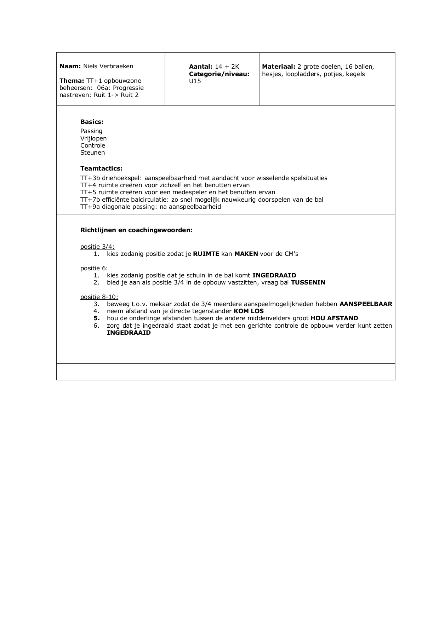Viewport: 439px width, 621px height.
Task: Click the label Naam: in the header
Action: pyautogui.click(x=70, y=66)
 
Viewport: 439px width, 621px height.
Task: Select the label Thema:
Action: pyautogui.click(x=72, y=81)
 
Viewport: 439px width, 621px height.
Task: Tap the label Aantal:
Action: pyautogui.click(x=200, y=67)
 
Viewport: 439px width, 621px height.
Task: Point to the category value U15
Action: pyautogui.click(x=195, y=81)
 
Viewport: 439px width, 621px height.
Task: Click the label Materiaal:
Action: pyautogui.click(x=279, y=67)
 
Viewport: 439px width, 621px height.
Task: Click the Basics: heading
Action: pyautogui.click(x=92, y=122)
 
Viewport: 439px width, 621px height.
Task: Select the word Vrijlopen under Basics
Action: pyautogui.click(x=93, y=138)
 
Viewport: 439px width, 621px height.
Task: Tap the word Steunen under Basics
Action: pyautogui.click(x=92, y=153)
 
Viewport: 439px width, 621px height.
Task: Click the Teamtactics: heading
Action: pyautogui.click(x=101, y=168)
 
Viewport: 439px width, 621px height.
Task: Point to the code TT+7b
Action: pyautogui.click(x=90, y=200)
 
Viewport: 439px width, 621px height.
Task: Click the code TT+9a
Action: pyautogui.click(x=90, y=207)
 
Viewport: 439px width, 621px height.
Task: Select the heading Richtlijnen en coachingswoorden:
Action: pyautogui.click(x=136, y=230)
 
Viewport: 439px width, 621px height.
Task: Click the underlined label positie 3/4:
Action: pyautogui.click(x=97, y=247)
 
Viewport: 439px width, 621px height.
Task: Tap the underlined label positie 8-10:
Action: pyautogui.click(x=99, y=297)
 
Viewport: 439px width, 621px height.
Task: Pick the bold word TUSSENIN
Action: pyautogui.click(x=308, y=282)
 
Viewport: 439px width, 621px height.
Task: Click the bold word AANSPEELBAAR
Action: pyautogui.click(x=366, y=304)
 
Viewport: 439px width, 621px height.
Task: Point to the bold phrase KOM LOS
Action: pyautogui.click(x=249, y=311)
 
